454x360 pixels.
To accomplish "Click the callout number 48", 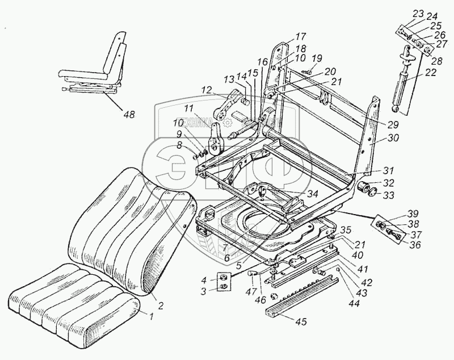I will (129, 115).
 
